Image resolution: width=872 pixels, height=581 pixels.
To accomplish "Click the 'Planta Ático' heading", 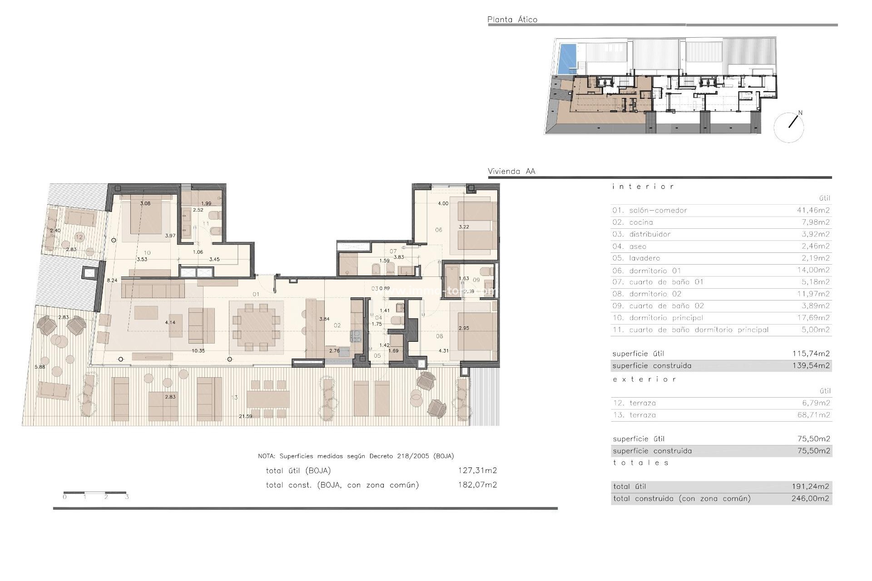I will (512, 20).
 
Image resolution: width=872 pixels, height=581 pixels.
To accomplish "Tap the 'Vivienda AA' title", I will (511, 172).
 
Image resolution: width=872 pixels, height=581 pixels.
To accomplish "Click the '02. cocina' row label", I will (633, 222).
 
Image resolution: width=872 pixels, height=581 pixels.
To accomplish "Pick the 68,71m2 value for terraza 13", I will (813, 415).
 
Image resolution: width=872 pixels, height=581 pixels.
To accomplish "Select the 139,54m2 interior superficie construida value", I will (811, 366).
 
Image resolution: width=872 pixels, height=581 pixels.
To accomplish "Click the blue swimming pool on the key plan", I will (565, 59).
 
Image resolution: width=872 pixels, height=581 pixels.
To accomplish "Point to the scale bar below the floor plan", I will (95, 492).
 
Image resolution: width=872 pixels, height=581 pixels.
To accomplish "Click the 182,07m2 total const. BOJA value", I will (477, 485).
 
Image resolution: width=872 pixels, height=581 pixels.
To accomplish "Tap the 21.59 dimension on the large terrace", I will (245, 416).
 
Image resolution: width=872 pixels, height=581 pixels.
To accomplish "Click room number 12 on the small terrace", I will (79, 237).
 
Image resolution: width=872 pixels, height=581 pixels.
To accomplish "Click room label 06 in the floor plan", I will (438, 230).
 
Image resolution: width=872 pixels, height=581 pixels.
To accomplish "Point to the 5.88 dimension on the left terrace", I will (40, 367).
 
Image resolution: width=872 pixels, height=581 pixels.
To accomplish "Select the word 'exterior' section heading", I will (644, 379).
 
